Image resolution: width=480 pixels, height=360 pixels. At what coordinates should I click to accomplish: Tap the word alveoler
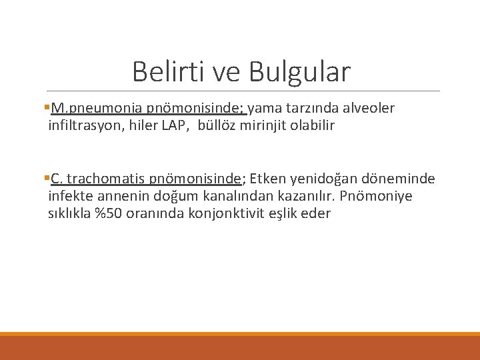(370, 109)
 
